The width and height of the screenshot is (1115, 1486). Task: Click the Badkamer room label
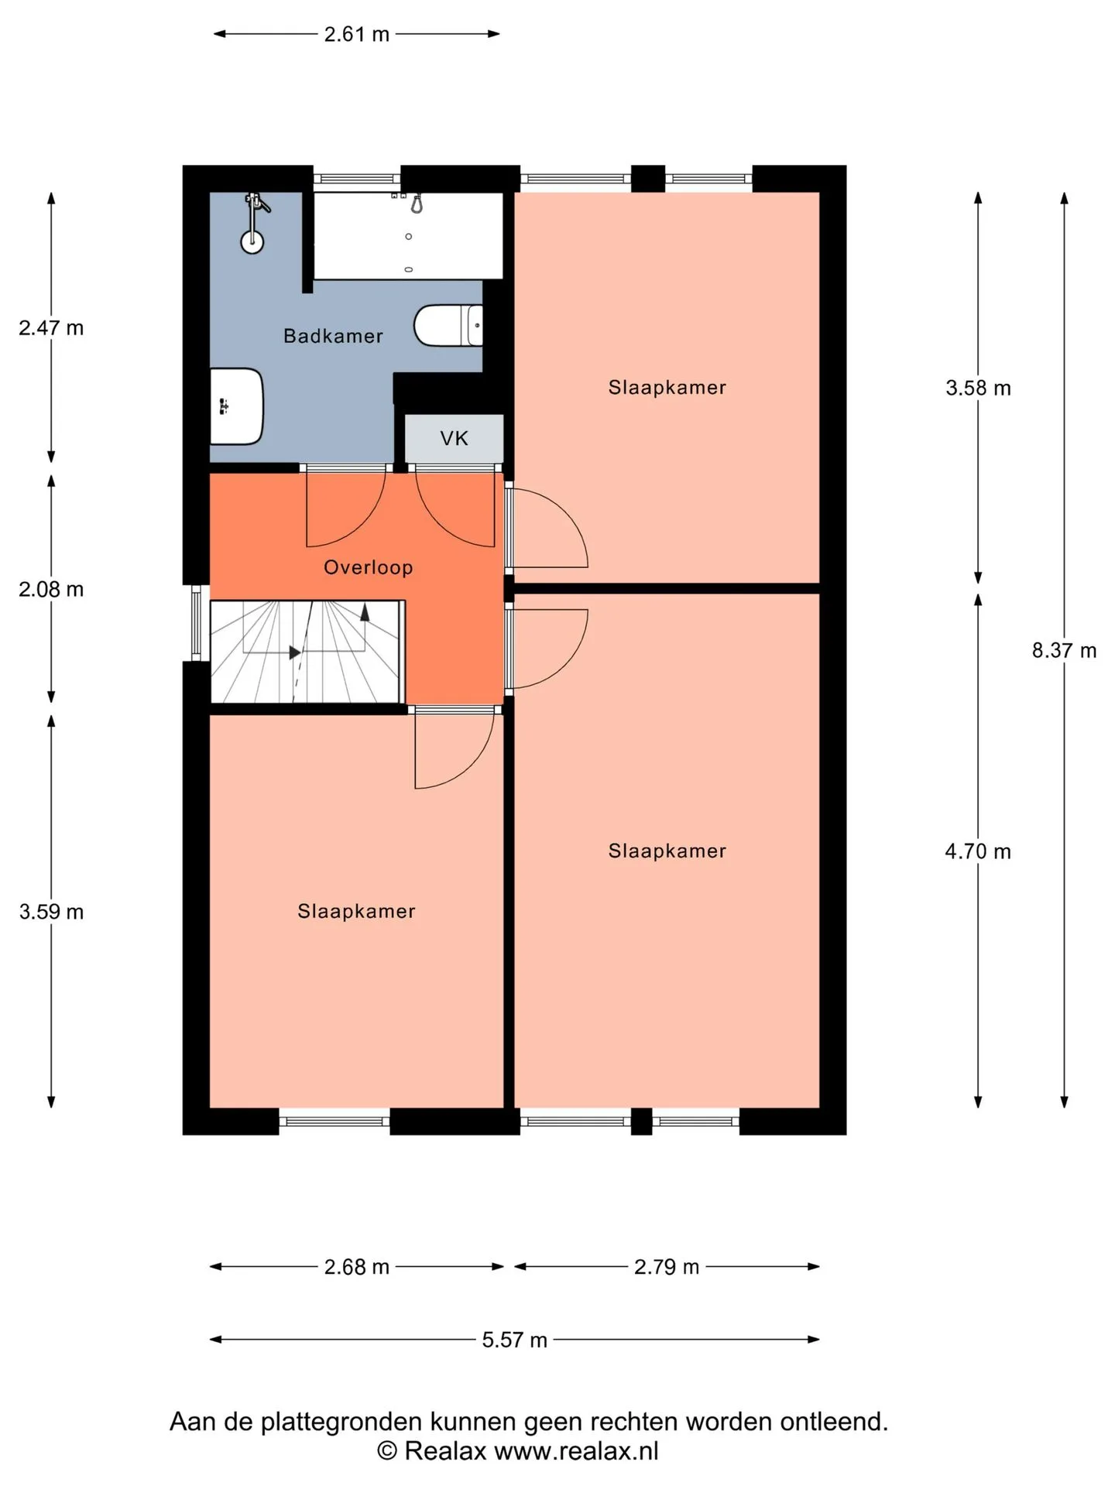333,336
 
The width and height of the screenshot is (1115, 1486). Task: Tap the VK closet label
455,439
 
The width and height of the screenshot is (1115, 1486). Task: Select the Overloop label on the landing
369,567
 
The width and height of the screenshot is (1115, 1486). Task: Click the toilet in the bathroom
448,325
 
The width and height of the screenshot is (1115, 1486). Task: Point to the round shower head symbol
252,241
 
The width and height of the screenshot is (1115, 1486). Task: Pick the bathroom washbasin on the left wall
237,406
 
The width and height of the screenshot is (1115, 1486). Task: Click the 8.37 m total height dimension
1064,650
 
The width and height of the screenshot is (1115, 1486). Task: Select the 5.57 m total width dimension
515,1340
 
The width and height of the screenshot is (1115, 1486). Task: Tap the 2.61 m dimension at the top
357,34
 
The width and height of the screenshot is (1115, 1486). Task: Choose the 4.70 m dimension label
978,851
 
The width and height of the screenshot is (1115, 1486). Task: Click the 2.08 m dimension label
51,590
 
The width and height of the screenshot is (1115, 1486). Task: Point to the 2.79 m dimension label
667,1267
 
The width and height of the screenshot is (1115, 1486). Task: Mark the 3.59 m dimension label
51,912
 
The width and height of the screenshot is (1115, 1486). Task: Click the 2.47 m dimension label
51,328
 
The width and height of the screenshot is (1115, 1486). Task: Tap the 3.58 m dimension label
978,388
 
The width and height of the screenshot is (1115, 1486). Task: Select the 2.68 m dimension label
357,1267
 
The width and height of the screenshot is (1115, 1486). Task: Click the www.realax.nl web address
576,1451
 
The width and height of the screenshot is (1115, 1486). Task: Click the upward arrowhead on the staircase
365,612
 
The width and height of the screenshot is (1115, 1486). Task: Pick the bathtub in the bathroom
408,235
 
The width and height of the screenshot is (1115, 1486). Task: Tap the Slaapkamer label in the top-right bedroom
667,387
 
